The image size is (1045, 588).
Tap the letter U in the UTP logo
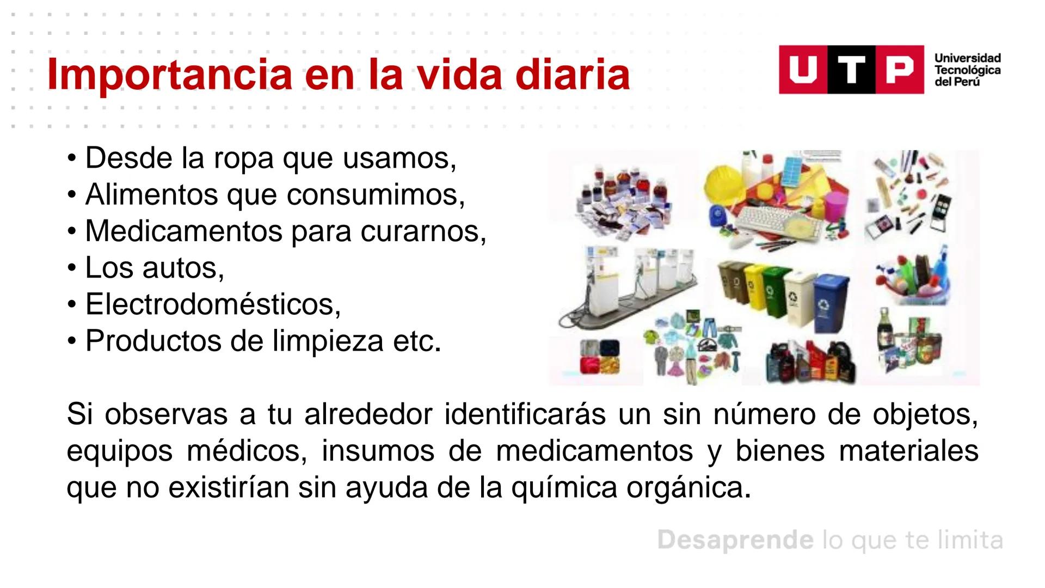point(802,70)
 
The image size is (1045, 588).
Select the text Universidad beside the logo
point(967,58)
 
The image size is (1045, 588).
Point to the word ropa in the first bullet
point(244,158)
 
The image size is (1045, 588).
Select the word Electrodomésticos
point(213,304)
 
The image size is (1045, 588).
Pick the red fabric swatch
point(592,366)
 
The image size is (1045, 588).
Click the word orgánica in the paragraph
point(685,487)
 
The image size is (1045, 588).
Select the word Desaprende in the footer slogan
point(735,540)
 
